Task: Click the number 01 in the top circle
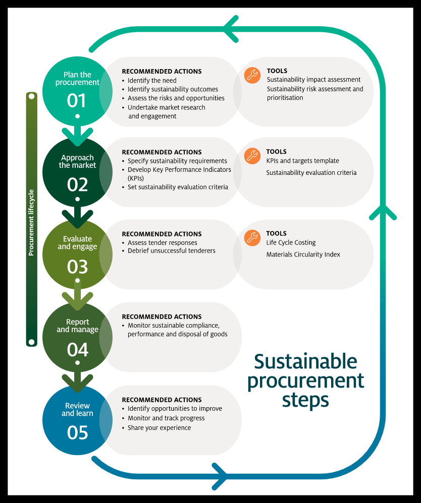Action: point(77,101)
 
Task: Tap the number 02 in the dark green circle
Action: point(77,184)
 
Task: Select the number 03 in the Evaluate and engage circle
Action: point(77,267)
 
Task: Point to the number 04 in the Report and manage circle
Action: point(77,350)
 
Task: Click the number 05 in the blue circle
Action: point(77,432)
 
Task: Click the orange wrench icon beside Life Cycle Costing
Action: point(252,238)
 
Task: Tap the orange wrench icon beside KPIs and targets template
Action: point(252,156)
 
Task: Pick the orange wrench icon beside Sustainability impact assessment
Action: point(252,75)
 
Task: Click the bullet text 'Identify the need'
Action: point(151,81)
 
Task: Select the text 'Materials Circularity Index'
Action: point(303,255)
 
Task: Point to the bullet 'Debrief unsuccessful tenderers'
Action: point(171,251)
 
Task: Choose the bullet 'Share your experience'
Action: point(159,428)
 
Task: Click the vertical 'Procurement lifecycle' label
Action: point(31,222)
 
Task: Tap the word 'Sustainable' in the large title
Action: point(305,362)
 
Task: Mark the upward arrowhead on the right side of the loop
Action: point(383,211)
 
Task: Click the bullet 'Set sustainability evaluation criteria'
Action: point(178,187)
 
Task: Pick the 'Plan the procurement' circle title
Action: point(77,79)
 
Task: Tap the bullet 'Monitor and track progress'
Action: point(166,418)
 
